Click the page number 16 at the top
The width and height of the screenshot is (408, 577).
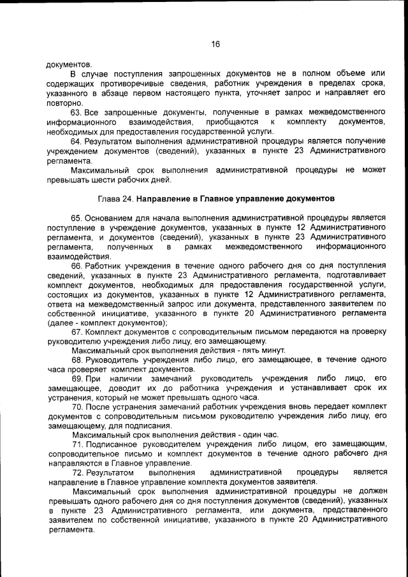click(215, 44)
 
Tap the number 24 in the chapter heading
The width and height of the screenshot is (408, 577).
click(127, 199)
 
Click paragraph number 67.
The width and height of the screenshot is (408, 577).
click(77, 332)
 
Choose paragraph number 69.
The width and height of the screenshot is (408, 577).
click(77, 379)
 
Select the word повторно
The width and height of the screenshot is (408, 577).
click(64, 103)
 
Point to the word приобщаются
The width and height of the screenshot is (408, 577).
click(233, 121)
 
